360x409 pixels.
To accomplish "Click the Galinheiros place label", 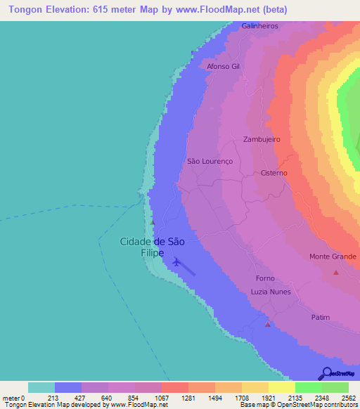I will click(x=259, y=25).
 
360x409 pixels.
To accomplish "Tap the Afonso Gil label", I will click(x=223, y=66).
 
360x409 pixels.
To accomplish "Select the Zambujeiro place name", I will click(x=262, y=139).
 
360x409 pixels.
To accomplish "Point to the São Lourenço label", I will click(x=210, y=161).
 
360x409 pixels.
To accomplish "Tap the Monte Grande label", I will click(x=333, y=257).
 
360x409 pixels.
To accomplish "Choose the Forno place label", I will click(x=265, y=278).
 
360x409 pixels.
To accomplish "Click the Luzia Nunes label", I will click(x=271, y=292).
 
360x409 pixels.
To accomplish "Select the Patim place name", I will click(x=320, y=317).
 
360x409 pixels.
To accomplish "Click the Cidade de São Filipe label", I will click(x=153, y=247).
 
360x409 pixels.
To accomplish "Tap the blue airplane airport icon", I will click(x=176, y=263).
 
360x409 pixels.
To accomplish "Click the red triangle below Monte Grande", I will click(x=336, y=272).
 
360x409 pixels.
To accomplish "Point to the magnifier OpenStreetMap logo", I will click(x=326, y=372).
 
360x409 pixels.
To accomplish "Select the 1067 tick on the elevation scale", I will click(x=162, y=397).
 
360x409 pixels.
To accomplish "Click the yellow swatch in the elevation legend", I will click(x=281, y=387).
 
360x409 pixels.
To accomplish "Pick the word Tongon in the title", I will click(x=25, y=10).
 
